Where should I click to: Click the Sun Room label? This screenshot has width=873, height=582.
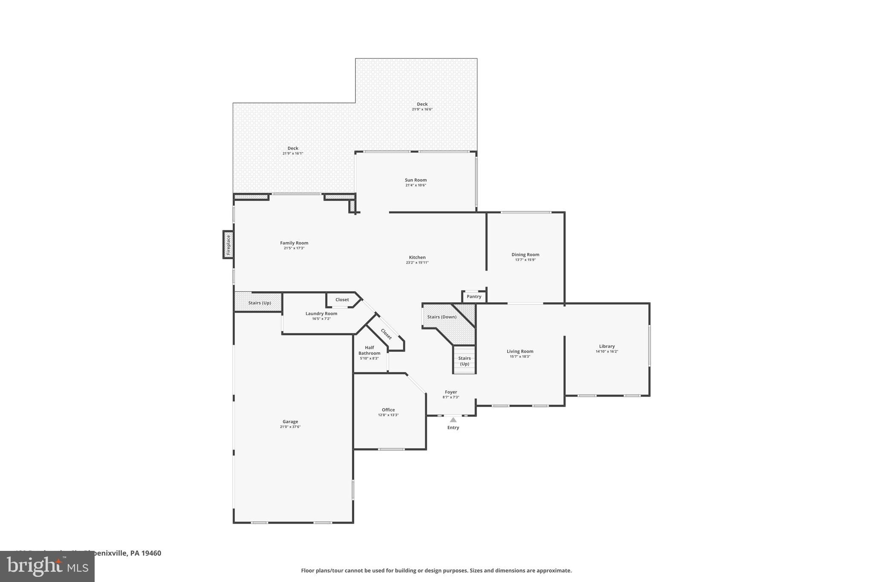point(416,180)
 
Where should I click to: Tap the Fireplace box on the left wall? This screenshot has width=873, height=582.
point(228,245)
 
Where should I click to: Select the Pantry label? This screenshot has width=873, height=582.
point(474,296)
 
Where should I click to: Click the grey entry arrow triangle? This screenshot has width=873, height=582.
point(453,420)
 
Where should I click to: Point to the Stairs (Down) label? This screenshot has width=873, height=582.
point(442,317)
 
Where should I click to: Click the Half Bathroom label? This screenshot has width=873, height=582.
point(369,350)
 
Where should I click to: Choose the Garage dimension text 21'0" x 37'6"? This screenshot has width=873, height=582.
point(290,427)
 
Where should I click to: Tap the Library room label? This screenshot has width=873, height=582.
point(607,346)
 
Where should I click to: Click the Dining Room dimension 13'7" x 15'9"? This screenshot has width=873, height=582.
point(525,260)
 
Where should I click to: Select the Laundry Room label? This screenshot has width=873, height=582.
point(321,313)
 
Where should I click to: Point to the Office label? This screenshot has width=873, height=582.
point(388,410)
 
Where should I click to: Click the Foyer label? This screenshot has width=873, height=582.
point(451,392)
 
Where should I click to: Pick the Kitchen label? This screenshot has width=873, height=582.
point(417,257)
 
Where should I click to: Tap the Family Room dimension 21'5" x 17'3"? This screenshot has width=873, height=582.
point(294,248)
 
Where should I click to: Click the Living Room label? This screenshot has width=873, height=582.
point(520,351)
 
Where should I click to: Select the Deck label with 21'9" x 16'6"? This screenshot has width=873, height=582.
point(422,104)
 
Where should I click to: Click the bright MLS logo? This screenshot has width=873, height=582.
point(47,566)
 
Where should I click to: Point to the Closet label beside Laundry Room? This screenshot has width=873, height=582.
point(342,300)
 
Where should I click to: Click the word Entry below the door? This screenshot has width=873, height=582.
point(453,428)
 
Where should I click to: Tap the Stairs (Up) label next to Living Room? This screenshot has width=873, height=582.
point(464,361)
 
